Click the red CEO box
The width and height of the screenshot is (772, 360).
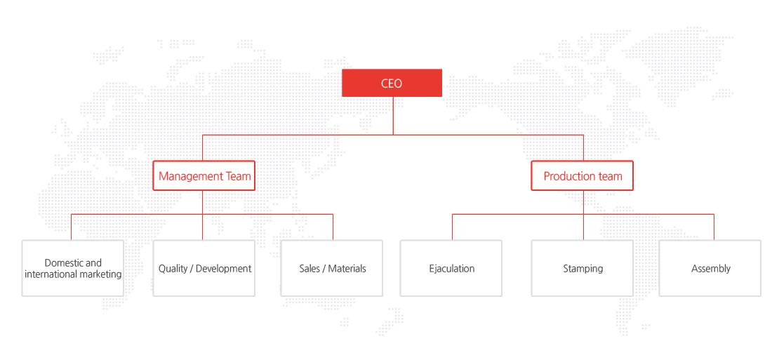tap(392, 83)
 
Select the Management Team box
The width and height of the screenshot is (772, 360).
tap(204, 176)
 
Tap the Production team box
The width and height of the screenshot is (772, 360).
tap(583, 176)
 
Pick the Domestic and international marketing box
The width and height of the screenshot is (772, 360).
tap(73, 268)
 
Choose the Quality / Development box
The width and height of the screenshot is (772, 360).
tap(204, 268)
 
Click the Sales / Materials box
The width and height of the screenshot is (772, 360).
tap(332, 268)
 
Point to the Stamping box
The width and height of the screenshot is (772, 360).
tap(583, 268)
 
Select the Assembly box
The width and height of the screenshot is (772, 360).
tap(710, 268)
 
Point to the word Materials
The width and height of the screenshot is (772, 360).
tap(347, 269)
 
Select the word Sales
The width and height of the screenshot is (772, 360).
tap(310, 269)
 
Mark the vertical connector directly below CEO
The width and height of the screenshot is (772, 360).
tap(393, 116)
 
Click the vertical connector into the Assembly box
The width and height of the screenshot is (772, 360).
tap(714, 227)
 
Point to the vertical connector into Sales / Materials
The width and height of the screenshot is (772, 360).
tap(333, 227)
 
